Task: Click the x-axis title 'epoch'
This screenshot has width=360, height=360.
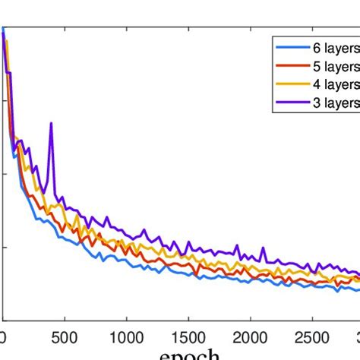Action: click(189, 354)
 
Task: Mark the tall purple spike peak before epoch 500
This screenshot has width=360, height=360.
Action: click(51, 123)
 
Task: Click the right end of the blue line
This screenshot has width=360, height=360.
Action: click(358, 289)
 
